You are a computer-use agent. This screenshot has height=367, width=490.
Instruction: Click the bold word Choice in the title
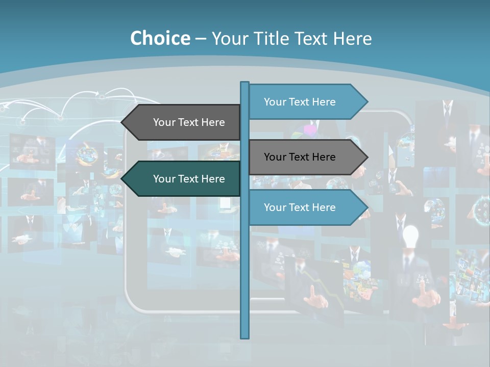(x=160, y=38)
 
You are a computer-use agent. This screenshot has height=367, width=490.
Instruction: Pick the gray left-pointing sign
(x=184, y=122)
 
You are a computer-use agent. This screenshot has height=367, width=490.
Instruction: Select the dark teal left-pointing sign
(x=184, y=179)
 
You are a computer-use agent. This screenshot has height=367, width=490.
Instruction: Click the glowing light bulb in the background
(x=410, y=235)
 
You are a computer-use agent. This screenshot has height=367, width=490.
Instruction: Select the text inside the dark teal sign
(x=189, y=179)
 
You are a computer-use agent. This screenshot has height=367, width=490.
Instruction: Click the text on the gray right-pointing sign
(x=300, y=157)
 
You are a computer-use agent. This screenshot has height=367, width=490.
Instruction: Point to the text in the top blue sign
(x=300, y=102)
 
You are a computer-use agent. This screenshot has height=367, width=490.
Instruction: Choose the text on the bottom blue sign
(x=300, y=207)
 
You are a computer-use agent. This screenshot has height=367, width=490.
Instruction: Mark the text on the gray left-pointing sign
(x=189, y=122)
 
